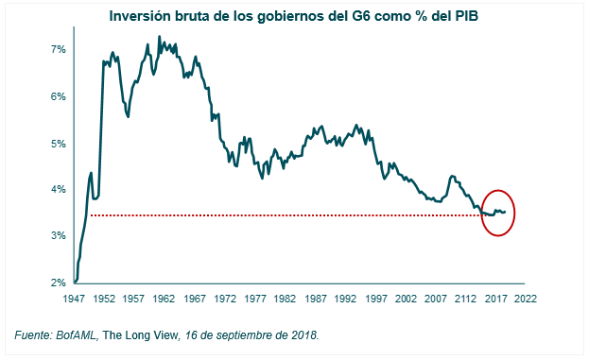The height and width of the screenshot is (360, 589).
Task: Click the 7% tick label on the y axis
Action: pyautogui.click(x=58, y=49)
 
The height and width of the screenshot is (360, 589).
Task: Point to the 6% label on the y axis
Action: pyautogui.click(x=58, y=96)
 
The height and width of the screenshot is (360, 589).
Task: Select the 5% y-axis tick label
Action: pyautogui.click(x=58, y=144)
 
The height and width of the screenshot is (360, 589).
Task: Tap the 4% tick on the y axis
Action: pyautogui.click(x=58, y=190)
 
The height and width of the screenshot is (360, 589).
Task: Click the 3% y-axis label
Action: pyautogui.click(x=58, y=236)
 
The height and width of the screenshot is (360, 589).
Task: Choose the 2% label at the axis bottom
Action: pyautogui.click(x=58, y=283)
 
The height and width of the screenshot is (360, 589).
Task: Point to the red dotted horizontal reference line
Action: pyautogui.click(x=284, y=215)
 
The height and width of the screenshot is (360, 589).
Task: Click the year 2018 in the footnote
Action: pyautogui.click(x=304, y=335)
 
